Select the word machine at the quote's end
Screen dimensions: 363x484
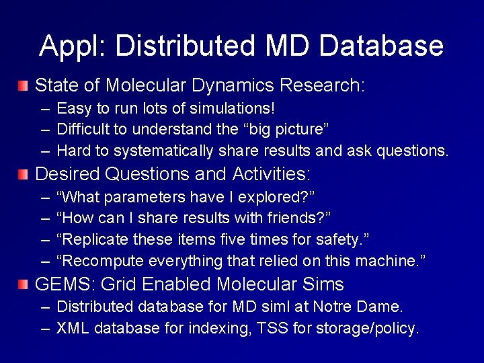click(x=388, y=260)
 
